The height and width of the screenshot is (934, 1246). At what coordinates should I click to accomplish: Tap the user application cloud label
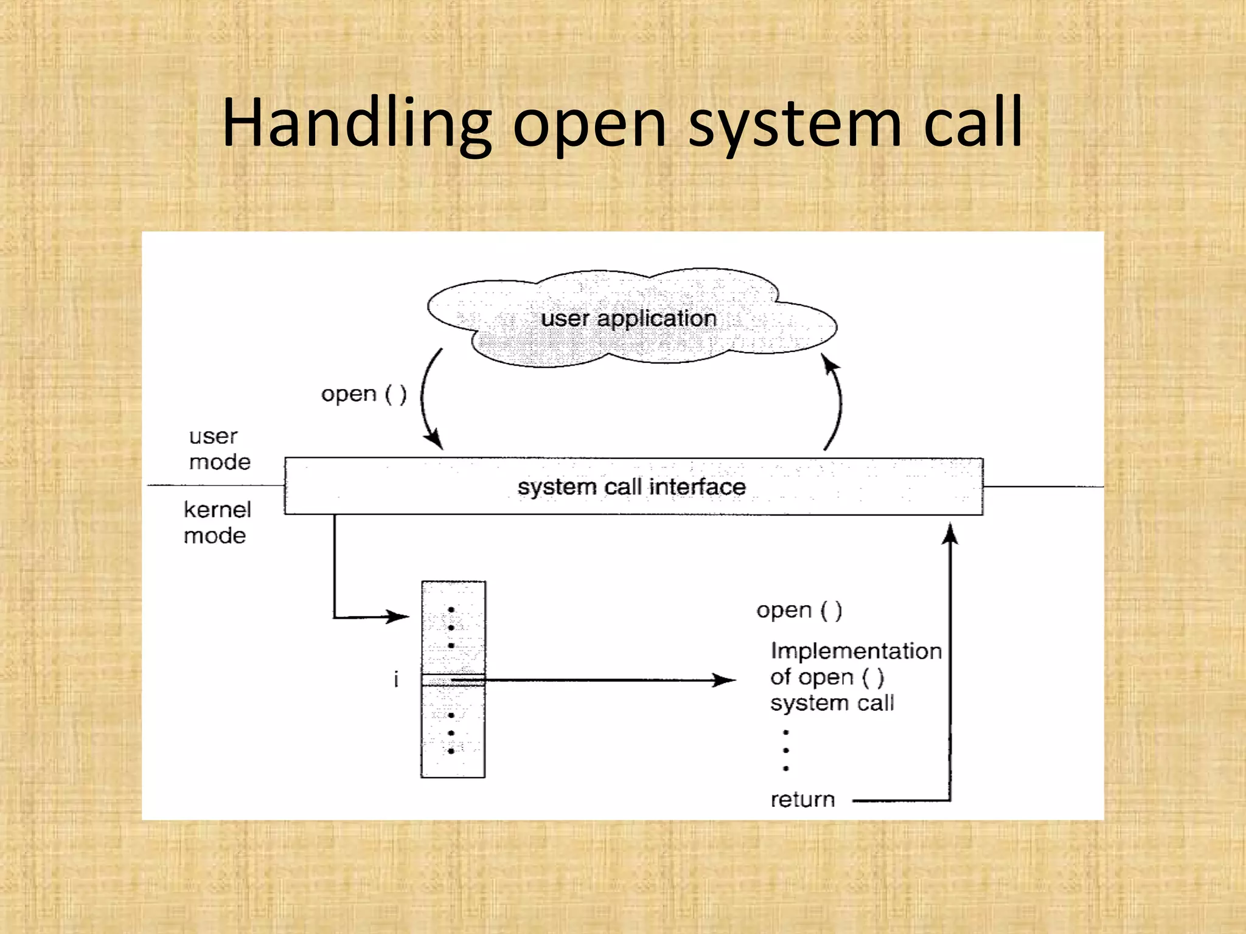(628, 319)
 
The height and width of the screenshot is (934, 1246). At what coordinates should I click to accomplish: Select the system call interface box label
(632, 486)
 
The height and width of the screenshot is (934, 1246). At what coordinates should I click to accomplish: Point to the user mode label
(219, 449)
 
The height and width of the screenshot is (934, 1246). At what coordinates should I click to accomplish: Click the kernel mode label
(217, 522)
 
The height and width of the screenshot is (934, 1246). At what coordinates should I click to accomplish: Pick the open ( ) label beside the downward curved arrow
(364, 394)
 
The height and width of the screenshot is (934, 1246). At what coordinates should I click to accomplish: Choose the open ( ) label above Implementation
(799, 610)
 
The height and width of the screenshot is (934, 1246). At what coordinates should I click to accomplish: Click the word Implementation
(855, 651)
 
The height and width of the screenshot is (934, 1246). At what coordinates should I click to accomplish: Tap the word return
(802, 799)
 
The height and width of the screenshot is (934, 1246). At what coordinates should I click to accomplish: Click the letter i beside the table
(396, 679)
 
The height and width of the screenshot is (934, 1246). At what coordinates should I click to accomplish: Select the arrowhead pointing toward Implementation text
(725, 680)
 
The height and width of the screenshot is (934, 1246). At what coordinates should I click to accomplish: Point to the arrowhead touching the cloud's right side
(830, 364)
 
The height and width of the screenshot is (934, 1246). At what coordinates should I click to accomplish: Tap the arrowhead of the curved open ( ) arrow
(434, 439)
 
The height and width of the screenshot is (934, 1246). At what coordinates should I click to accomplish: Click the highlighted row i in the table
(453, 680)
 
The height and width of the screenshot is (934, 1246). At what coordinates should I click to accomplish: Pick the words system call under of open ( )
(832, 703)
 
